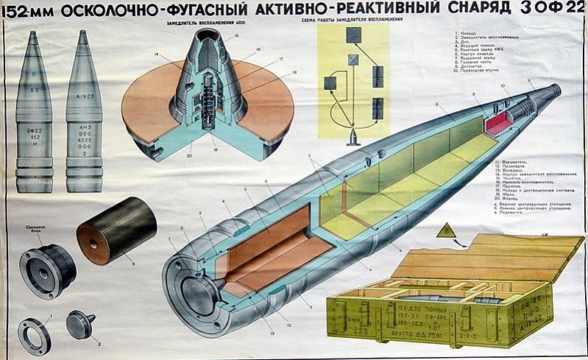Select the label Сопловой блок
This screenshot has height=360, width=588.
pyautogui.click(x=37, y=228)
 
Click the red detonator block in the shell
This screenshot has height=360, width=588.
pyautogui.click(x=498, y=121)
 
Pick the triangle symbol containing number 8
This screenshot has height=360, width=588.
pyautogui.click(x=447, y=233)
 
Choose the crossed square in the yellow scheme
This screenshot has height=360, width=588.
pyautogui.click(x=354, y=60)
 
